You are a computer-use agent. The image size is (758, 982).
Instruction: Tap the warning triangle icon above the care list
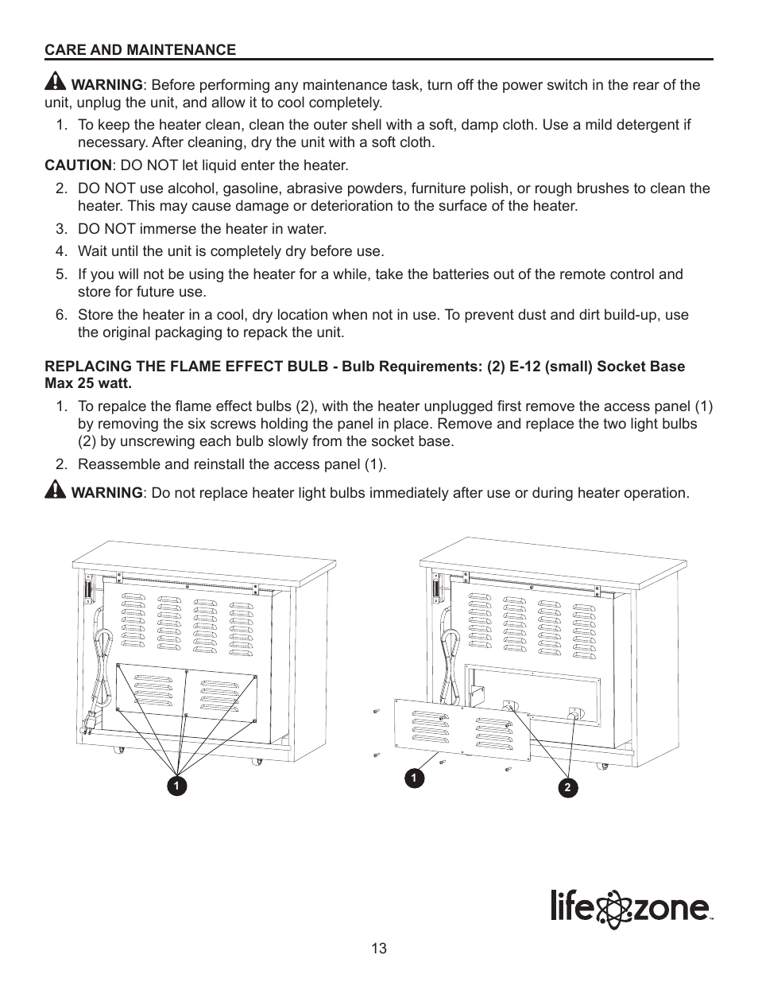[56, 82]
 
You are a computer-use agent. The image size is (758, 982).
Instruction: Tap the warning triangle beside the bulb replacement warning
[56, 490]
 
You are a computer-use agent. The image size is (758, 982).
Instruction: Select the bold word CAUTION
[78, 165]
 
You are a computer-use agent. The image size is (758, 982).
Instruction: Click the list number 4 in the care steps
[60, 251]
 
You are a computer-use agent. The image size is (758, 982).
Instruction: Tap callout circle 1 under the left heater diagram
[177, 786]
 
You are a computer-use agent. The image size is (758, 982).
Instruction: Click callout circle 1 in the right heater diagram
[413, 778]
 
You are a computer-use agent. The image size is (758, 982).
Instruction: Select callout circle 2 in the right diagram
[567, 788]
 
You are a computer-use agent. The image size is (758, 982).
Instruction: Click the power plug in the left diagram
[88, 724]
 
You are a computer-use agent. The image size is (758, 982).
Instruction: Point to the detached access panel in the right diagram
[463, 728]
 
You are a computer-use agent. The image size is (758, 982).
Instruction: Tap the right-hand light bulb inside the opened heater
[572, 714]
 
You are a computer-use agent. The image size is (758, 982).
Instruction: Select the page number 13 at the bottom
[379, 949]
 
